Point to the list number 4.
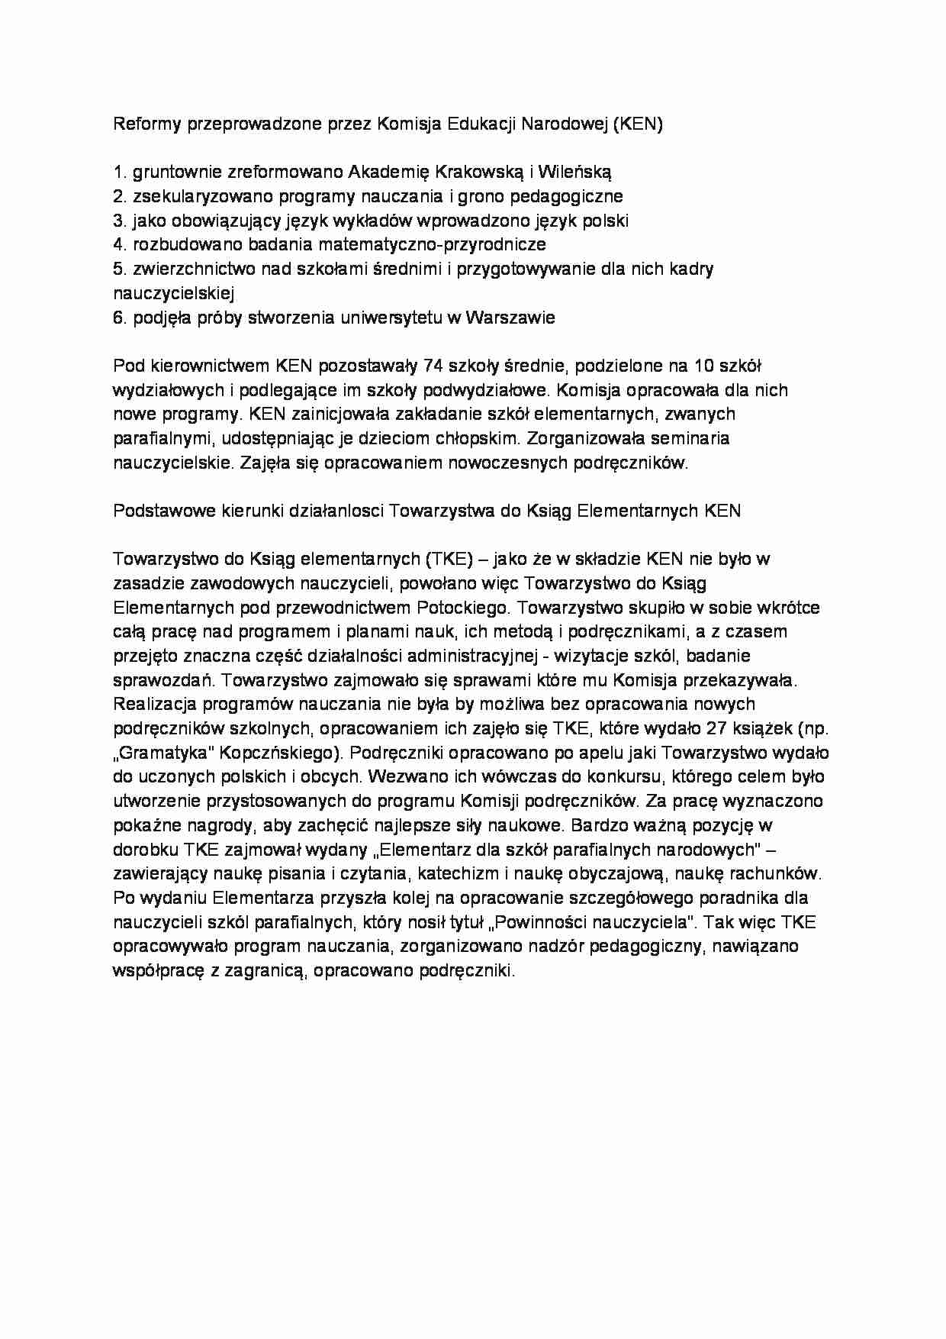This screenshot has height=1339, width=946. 118,244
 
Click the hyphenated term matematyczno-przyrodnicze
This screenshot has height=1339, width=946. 432,244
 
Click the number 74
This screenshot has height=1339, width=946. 433,366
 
